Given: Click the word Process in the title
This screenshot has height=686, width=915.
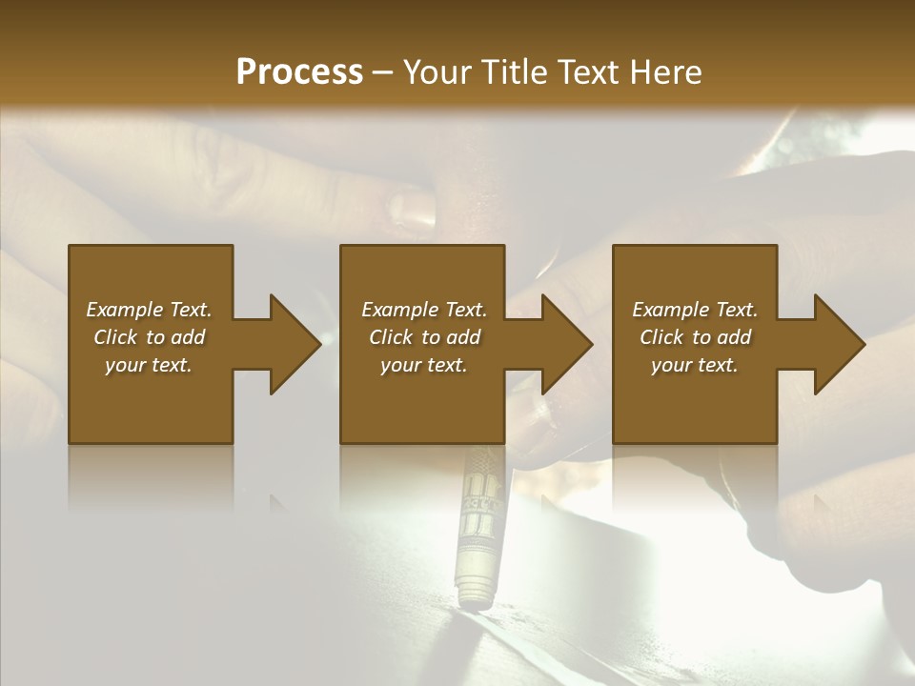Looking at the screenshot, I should click(x=299, y=72).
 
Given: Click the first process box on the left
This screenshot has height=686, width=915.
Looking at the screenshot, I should click(x=150, y=400).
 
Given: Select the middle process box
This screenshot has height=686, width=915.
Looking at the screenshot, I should click(x=422, y=400).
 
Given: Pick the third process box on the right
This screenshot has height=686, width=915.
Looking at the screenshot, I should click(x=694, y=400).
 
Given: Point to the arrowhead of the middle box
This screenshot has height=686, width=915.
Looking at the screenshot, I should click(x=566, y=344).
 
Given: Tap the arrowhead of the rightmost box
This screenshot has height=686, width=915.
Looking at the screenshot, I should click(x=839, y=344).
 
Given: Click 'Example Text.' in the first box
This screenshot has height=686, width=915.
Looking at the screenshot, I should click(x=149, y=310).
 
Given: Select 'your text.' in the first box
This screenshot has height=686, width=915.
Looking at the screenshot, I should click(x=149, y=365).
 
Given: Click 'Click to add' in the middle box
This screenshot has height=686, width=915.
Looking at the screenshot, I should click(x=424, y=337).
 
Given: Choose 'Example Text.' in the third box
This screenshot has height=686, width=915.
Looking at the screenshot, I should click(x=695, y=310).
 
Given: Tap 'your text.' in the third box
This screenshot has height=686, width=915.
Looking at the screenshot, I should click(x=695, y=365).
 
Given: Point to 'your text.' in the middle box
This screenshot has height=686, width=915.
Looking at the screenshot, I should click(x=424, y=365).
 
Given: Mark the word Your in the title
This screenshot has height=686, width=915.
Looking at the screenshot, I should click(x=437, y=72).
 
